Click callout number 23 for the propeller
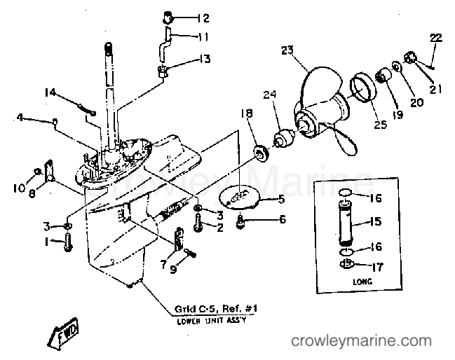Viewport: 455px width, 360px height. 287,50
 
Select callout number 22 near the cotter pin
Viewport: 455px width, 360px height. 435,37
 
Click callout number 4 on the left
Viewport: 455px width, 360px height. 22,118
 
